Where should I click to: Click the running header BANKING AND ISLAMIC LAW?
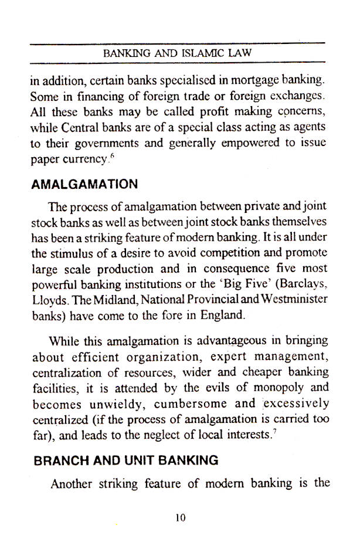coord(177,53)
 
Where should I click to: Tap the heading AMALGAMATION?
coord(84,184)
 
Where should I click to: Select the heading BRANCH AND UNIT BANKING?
coord(125,460)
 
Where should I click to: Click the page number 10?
coord(180,517)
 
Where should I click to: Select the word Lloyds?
coord(46,299)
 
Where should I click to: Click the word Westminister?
coord(295,299)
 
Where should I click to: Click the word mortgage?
coord(253,80)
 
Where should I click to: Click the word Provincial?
coord(220,299)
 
